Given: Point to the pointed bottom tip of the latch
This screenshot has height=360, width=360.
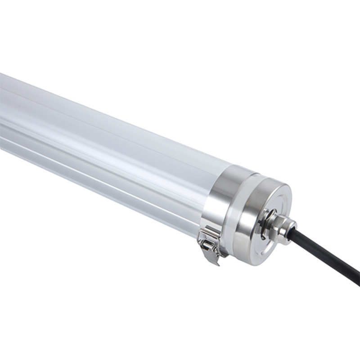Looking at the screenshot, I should coord(215,263).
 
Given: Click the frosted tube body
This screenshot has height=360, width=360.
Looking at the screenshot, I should coord(112,148).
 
